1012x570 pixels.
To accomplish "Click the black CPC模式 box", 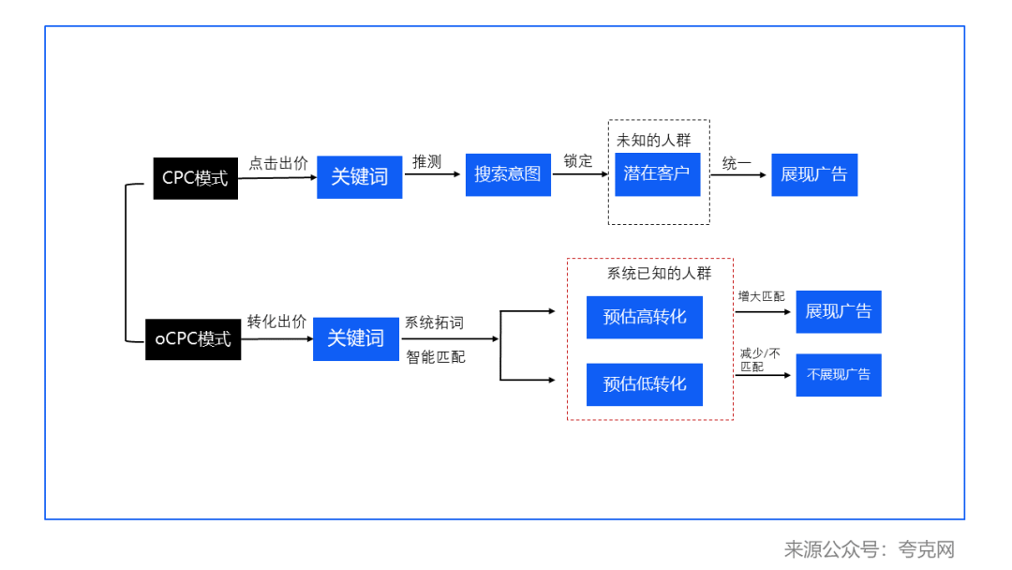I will pos(195,178).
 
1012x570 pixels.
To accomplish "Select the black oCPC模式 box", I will pos(193,338).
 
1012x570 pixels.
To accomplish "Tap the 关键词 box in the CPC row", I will pos(359,176).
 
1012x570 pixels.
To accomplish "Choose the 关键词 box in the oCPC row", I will pos(356,338).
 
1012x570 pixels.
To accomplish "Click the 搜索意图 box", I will pos(508,174).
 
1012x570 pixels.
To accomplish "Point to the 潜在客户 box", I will pos(657,173).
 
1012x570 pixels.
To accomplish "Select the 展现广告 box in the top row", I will pos(814,174).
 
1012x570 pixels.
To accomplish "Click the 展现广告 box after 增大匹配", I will pos(839,311).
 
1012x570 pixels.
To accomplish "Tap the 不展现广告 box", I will pos(839,374).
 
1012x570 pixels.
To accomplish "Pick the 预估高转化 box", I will pos(644,317).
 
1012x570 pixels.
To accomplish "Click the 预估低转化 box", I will pos(644,383).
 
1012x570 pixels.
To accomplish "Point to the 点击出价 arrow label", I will pos(277,163).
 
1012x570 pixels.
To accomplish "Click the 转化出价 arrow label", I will pos(276,322).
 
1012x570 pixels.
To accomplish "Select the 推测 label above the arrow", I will pos(426,162).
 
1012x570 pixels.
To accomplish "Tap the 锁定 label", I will pos(578,161).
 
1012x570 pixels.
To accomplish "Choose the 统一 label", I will pos(737,164).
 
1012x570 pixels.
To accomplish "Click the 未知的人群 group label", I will pos(653,141).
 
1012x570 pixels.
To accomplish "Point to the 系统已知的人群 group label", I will pos(659,274).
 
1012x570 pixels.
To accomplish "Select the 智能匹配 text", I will pos(435,357).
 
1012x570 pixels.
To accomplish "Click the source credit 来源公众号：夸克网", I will pos(869,549).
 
